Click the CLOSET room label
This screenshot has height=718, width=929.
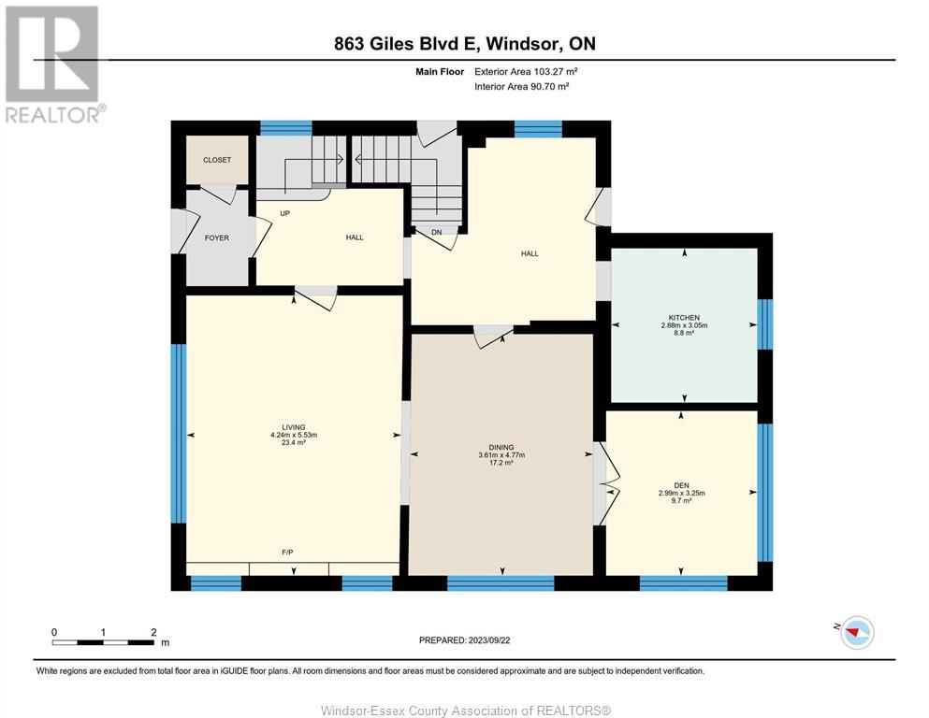217,160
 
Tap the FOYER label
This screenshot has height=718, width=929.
217,238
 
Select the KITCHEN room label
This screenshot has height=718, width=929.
684,318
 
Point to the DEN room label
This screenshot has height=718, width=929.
681,485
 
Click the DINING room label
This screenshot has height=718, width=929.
501,448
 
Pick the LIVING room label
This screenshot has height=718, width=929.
294,427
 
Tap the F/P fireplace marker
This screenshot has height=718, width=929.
287,553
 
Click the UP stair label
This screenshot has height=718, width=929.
285,213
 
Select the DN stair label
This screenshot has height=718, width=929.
437,232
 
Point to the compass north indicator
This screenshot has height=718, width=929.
855,632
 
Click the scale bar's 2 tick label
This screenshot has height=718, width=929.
153,632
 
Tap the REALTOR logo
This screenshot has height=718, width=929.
53,64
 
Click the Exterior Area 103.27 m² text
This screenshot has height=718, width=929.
526,72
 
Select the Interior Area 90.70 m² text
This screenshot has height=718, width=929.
521,86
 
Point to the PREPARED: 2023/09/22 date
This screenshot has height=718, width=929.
464,639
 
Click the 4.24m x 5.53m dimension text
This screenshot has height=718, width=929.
294,435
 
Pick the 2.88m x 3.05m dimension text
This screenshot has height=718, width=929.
684,325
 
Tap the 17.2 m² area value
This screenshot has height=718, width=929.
501,463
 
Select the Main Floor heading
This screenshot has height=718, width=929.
440,72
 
